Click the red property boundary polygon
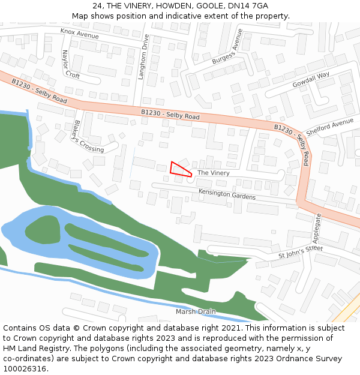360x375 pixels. pyautogui.click(x=179, y=169)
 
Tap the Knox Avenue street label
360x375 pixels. pyautogui.click(x=79, y=34)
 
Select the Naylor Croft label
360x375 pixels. pyautogui.click(x=70, y=65)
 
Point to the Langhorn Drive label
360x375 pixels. pyautogui.click(x=143, y=56)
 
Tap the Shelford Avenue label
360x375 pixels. pyautogui.click(x=330, y=127)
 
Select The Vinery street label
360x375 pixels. pyautogui.click(x=213, y=173)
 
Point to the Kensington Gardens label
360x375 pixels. pyautogui.click(x=227, y=194)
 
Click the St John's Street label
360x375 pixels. pyautogui.click(x=301, y=252)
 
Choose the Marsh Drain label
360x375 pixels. pyautogui.click(x=196, y=312)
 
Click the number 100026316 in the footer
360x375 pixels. pyautogui.click(x=25, y=369)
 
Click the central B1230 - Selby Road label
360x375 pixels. pyautogui.click(x=170, y=114)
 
